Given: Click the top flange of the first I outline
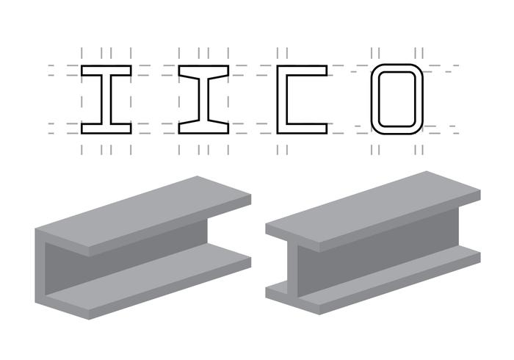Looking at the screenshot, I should point(106,71).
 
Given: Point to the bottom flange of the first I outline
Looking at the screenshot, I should point(106,129).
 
